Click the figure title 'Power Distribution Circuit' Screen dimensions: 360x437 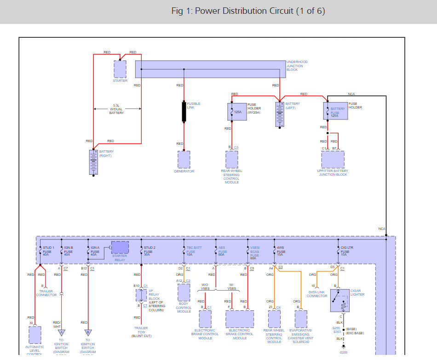248,11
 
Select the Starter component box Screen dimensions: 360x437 120,69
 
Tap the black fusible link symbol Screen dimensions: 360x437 184,112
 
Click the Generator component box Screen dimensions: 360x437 184,160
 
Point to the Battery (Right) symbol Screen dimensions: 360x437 93,162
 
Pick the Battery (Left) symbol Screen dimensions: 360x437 280,114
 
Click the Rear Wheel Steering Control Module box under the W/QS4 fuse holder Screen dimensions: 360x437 232,160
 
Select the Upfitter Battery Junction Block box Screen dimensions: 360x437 333,160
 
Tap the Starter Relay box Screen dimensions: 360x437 120,247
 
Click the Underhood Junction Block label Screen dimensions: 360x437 297,66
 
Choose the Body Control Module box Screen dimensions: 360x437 184,292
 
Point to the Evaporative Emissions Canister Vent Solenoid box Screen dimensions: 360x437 301,319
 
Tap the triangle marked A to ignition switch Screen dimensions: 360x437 61,332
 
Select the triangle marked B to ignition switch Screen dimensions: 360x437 87,332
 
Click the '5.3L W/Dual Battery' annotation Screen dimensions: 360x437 116,109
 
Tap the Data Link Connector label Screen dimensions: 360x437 317,294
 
